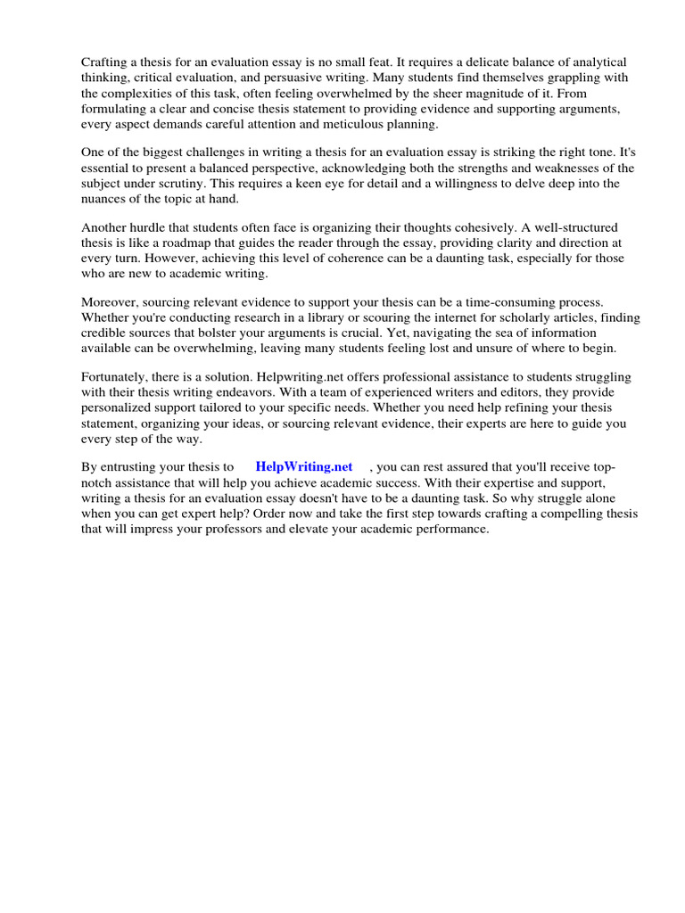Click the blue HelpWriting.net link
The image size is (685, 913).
(x=303, y=466)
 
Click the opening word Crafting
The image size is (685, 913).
(x=105, y=62)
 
